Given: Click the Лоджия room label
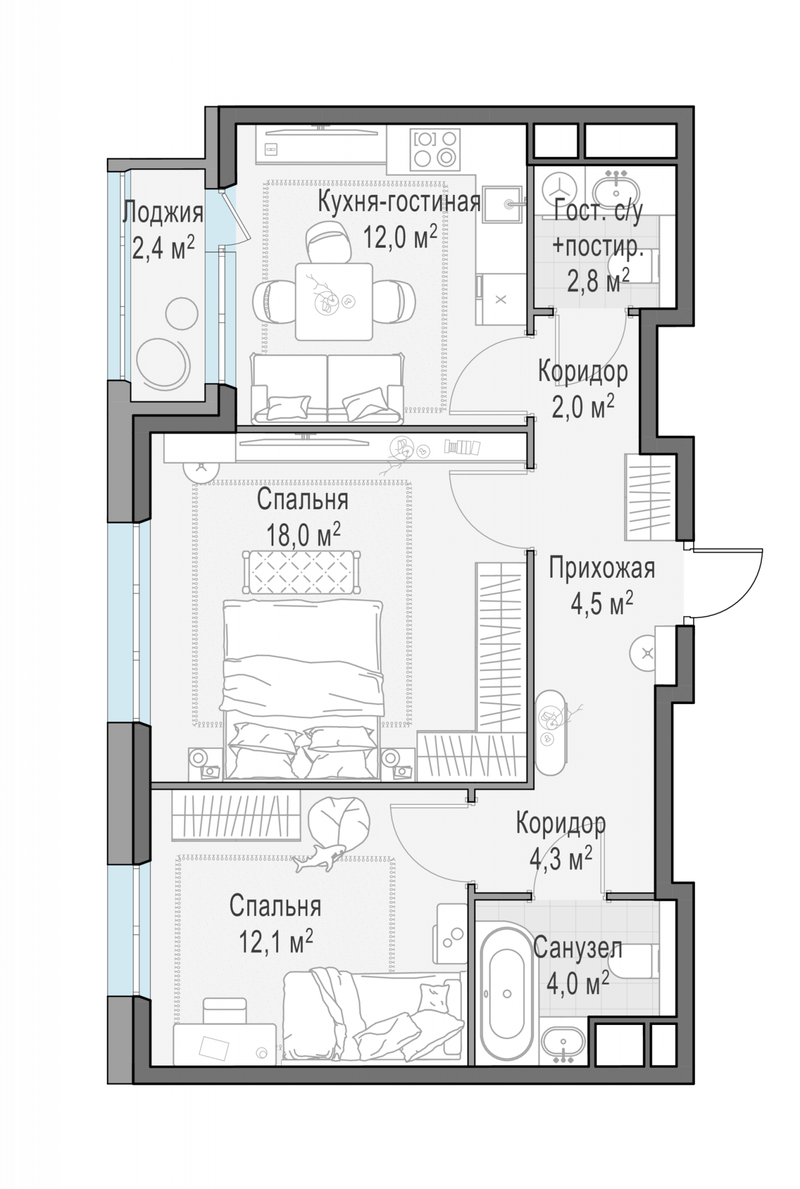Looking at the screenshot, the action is [163, 213].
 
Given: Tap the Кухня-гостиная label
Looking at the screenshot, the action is [399, 202].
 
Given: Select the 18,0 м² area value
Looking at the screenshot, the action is [303, 535].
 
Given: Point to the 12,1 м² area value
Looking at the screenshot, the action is [276, 941].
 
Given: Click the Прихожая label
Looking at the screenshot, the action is [601, 568].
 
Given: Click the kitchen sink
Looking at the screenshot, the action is [503, 204].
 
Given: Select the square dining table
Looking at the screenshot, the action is [334, 301].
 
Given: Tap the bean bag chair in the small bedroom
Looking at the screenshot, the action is [339, 823].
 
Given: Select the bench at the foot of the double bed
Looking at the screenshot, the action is [301, 571].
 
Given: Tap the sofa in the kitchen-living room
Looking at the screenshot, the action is [327, 389].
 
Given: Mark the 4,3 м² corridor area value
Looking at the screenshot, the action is [560, 859].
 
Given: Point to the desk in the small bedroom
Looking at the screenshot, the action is [225, 1044].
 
